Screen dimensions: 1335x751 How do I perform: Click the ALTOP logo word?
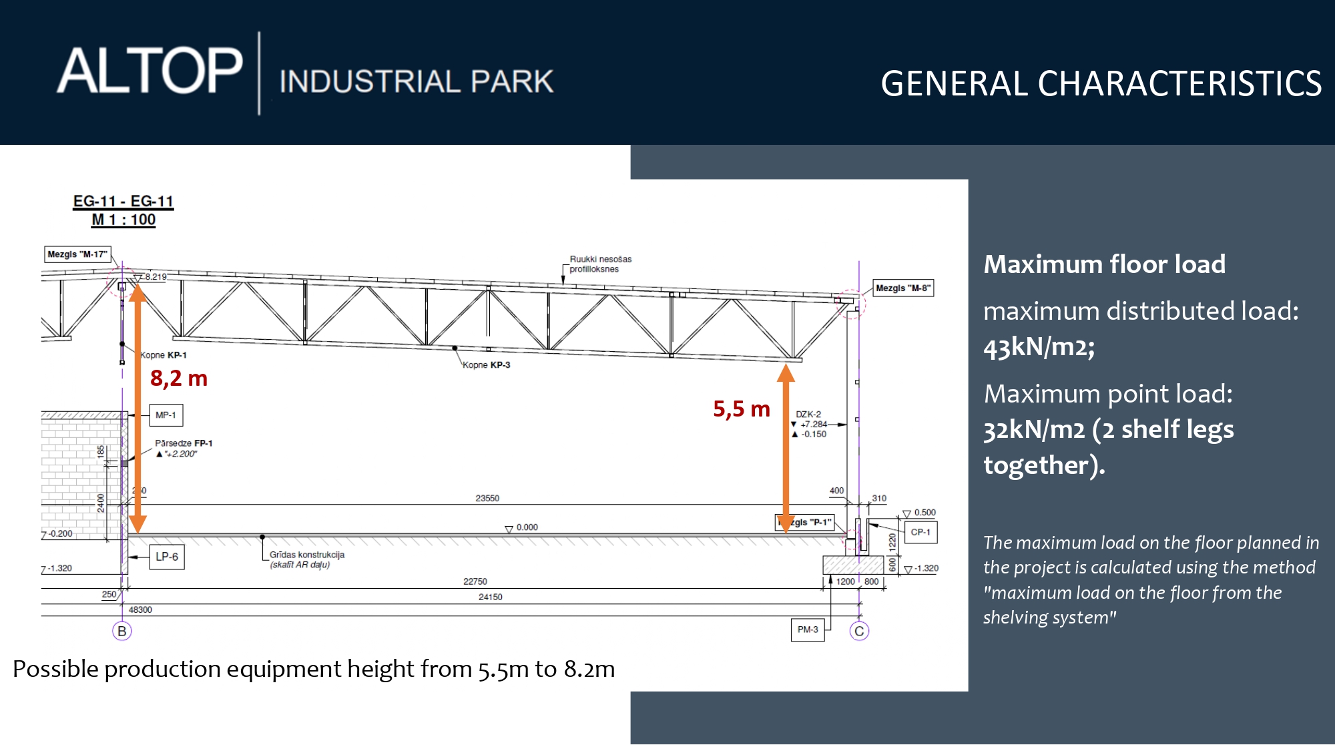(x=150, y=71)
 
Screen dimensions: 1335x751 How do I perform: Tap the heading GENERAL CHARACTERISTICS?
(x=1101, y=84)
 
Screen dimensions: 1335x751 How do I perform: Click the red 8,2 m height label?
(x=179, y=379)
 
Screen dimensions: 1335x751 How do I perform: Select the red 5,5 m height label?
(x=742, y=409)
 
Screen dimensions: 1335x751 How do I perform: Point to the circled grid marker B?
(x=122, y=631)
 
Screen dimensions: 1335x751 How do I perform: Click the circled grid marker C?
(x=859, y=631)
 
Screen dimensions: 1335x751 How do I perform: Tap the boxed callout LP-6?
(x=167, y=557)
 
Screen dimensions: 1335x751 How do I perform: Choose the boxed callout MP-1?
(x=166, y=415)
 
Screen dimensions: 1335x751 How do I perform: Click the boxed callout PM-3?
(x=808, y=630)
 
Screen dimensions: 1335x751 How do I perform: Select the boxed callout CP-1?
(x=920, y=532)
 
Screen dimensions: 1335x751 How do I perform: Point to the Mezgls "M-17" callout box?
(x=77, y=254)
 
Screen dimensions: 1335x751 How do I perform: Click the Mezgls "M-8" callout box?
(x=903, y=288)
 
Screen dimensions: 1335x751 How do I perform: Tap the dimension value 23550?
(x=487, y=498)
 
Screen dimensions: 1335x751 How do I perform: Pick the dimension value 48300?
(x=140, y=609)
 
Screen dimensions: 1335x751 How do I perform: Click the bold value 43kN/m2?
(x=1039, y=347)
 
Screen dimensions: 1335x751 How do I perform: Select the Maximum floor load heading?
(x=1105, y=264)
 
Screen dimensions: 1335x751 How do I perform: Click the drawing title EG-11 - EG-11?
(x=123, y=202)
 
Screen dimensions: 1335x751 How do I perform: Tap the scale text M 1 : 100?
(x=123, y=220)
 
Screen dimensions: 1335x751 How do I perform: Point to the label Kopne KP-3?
(x=487, y=365)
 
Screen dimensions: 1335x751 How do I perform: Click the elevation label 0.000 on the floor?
(x=527, y=527)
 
